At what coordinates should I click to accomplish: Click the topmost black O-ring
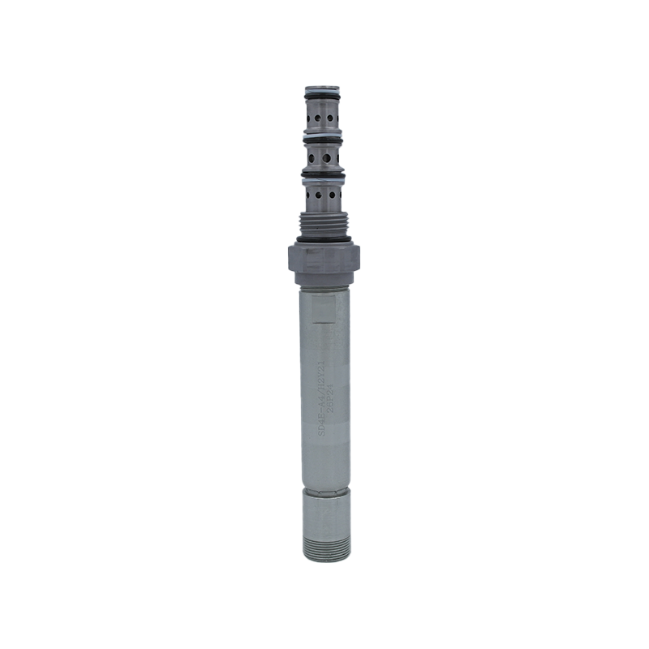coord(323,101)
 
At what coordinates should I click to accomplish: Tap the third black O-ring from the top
coord(323,174)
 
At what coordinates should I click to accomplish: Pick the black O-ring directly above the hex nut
coord(324,239)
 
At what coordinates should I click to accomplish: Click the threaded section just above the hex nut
coord(324,223)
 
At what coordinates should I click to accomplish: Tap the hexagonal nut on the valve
coord(324,261)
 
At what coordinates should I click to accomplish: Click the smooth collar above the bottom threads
coord(326,511)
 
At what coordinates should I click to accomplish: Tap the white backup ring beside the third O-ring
coord(323,180)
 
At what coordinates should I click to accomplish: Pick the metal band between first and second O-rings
coord(323,118)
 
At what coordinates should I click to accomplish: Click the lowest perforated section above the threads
coord(324,195)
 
